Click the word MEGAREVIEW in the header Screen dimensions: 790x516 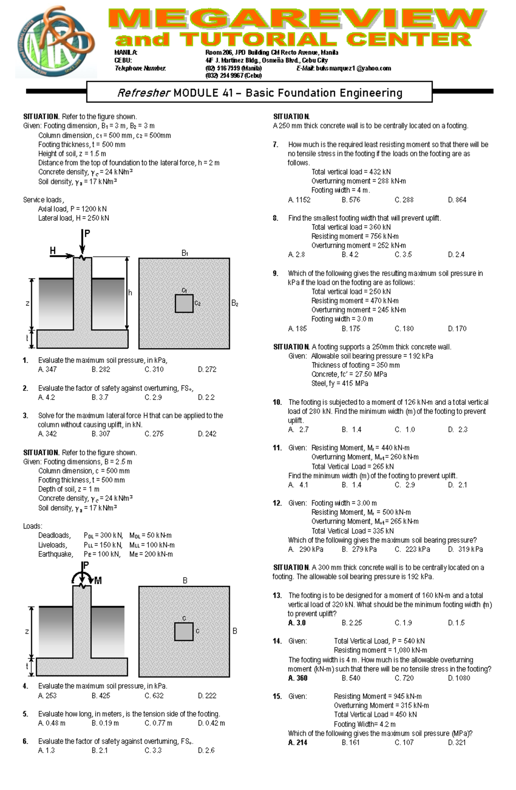click(x=297, y=19)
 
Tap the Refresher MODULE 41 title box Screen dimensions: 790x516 click(x=259, y=93)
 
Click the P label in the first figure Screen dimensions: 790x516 click(x=87, y=234)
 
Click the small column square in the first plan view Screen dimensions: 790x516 click(x=184, y=304)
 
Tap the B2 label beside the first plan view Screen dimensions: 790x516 click(x=235, y=303)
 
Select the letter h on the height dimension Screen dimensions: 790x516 click(x=130, y=293)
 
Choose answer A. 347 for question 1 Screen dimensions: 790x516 click(x=47, y=369)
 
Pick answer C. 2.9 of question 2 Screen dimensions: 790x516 click(x=153, y=397)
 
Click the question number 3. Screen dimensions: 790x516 click(x=25, y=415)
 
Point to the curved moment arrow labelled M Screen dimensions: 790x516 click(x=82, y=577)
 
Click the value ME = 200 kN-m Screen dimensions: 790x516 click(x=151, y=554)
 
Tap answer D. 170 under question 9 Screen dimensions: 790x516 click(x=457, y=328)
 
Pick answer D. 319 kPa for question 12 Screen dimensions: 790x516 click(x=465, y=549)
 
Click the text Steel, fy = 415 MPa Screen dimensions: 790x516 click(x=340, y=383)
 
